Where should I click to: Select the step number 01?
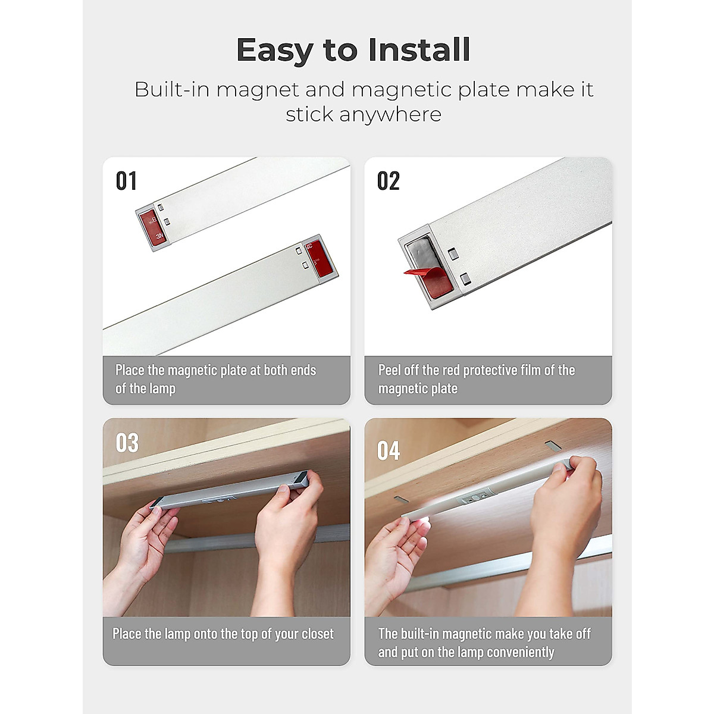126,181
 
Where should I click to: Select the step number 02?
388,181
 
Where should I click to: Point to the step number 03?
127,443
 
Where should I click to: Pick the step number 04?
388,451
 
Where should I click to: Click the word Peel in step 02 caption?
390,370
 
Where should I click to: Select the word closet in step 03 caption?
318,634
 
